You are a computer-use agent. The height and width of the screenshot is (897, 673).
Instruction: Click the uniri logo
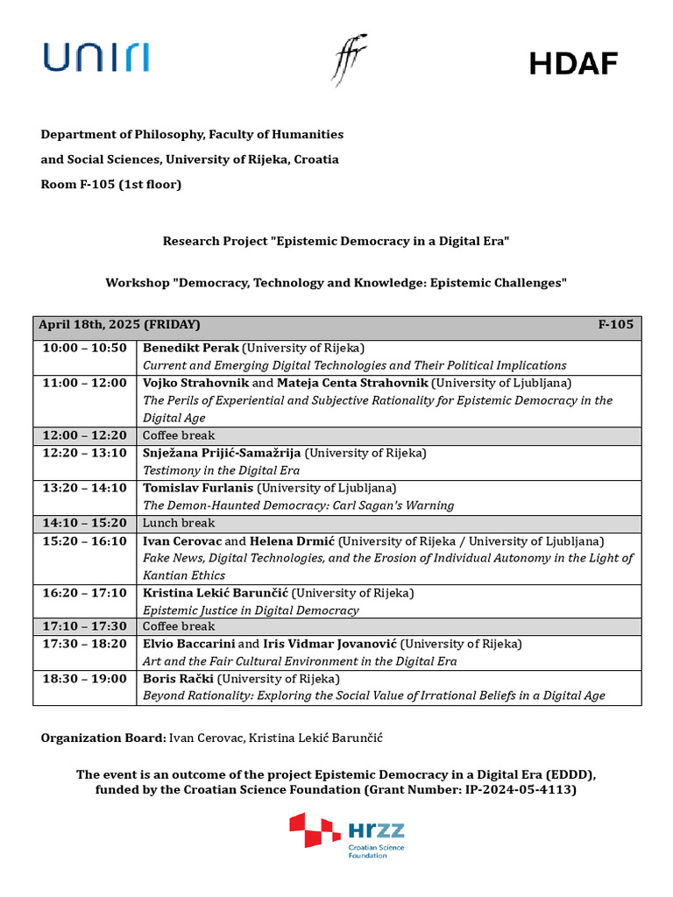point(96,57)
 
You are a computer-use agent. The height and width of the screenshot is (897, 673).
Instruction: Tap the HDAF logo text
point(574,63)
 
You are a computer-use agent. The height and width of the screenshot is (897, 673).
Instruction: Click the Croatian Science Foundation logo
point(348,835)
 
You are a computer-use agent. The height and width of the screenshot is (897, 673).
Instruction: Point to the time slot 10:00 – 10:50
point(85,348)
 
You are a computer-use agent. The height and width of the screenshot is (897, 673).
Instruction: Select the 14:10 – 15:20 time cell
point(85,523)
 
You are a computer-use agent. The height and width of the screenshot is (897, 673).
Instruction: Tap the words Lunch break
point(179,523)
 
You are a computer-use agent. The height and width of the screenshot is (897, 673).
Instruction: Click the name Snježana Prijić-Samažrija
point(222,453)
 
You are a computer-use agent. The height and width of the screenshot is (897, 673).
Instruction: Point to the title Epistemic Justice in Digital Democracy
point(251,610)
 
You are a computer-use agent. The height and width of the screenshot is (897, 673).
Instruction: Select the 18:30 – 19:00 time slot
point(85,679)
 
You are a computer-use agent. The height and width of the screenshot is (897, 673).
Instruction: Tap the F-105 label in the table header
point(615,325)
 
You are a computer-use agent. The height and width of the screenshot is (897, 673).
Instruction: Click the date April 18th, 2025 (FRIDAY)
point(119,325)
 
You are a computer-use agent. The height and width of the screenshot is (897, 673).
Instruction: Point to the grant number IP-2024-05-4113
point(511,790)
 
